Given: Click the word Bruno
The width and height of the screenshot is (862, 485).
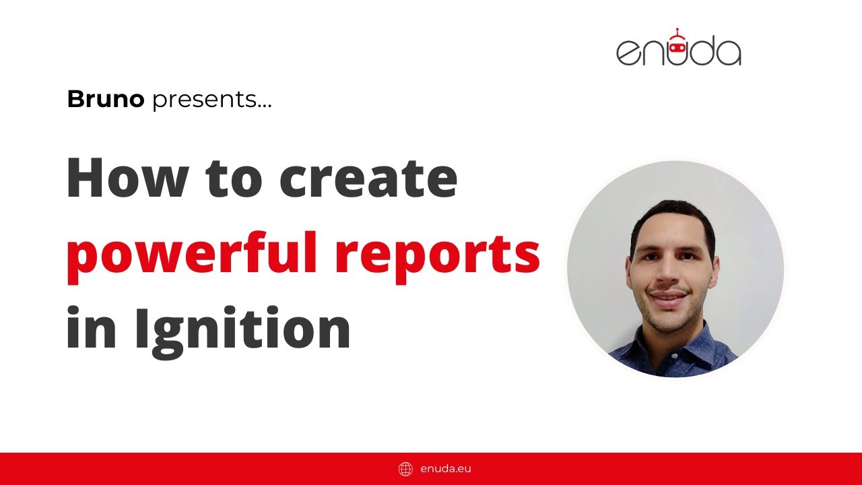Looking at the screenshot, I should (106, 100).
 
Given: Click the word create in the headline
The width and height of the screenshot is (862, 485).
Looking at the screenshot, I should (368, 179).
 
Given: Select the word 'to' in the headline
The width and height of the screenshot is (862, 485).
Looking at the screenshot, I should (234, 179).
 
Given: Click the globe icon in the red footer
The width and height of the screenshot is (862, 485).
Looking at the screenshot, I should (405, 469).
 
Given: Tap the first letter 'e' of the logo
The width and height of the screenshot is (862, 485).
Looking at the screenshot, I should (628, 53).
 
